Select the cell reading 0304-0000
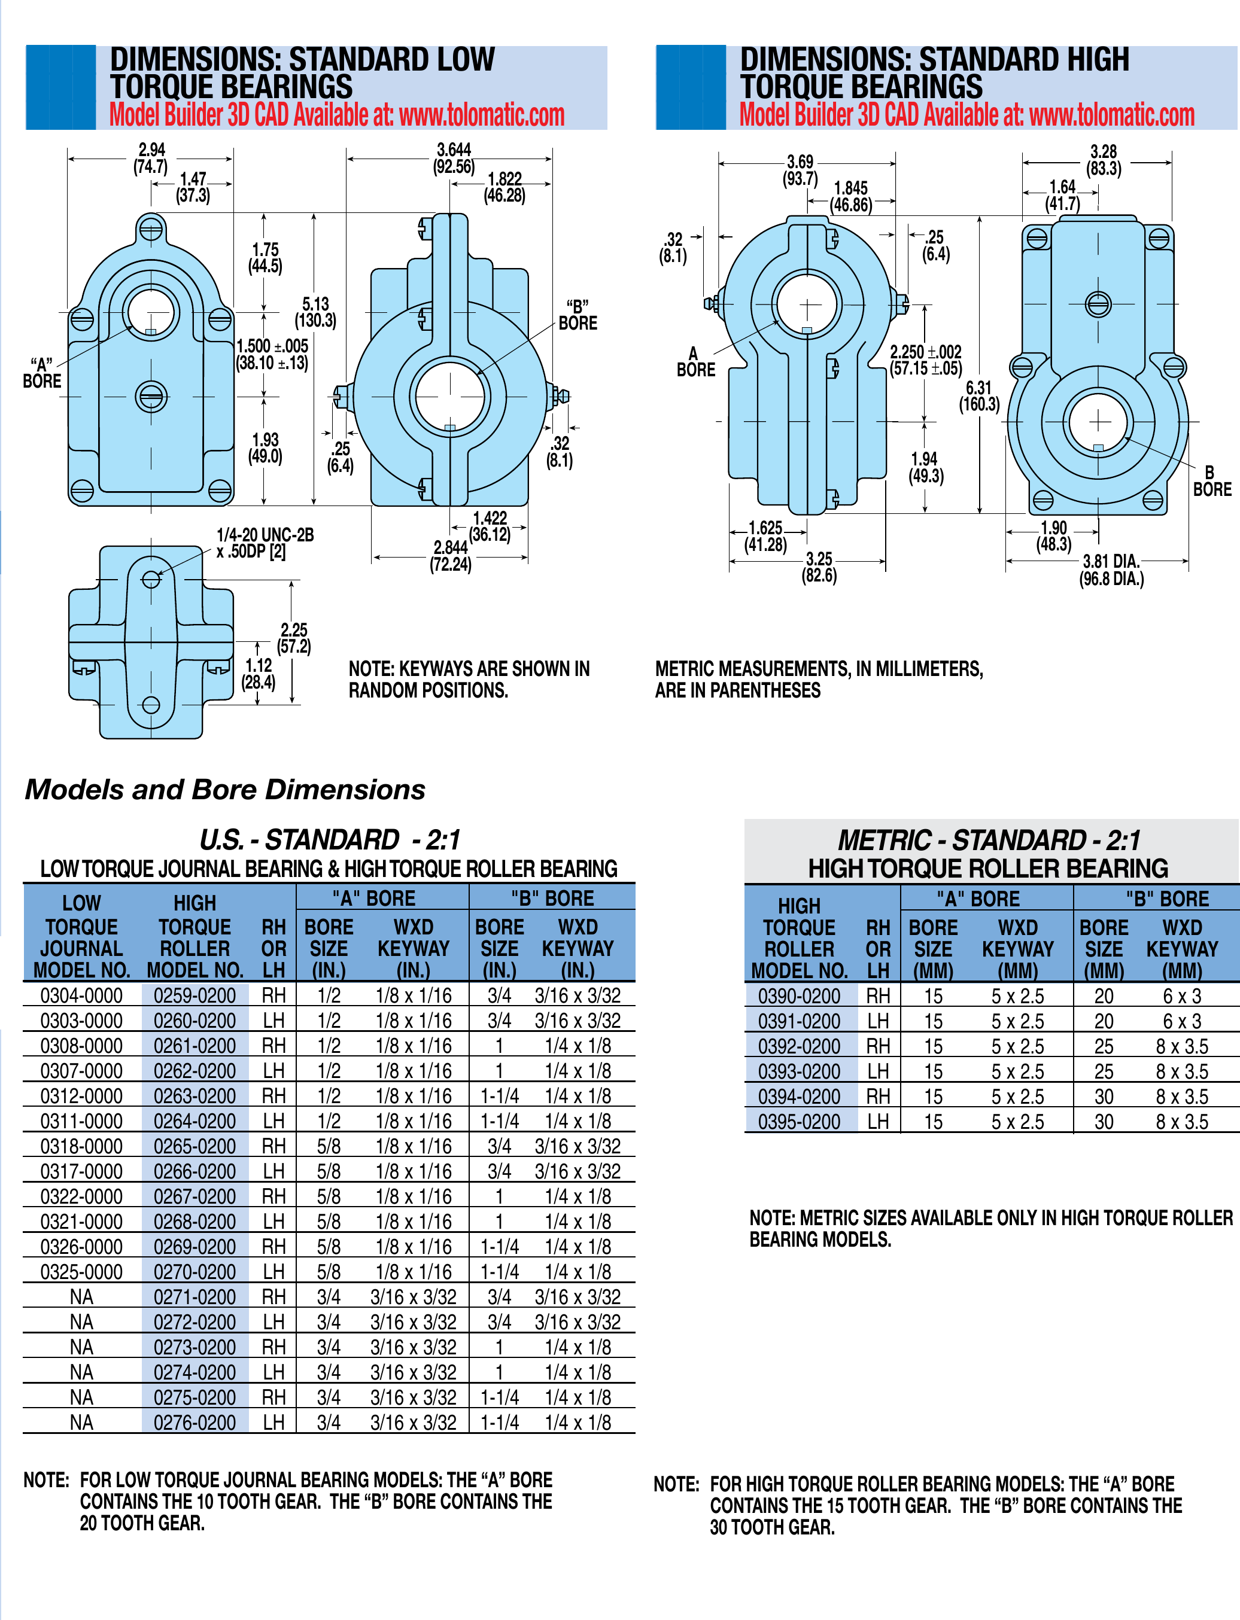(81, 995)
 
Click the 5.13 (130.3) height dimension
(316, 313)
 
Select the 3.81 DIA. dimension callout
(1111, 570)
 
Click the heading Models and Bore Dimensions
(225, 789)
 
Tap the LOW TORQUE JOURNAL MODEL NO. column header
(81, 937)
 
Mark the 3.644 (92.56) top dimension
(454, 158)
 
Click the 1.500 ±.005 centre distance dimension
(272, 354)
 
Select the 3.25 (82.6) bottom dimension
(819, 567)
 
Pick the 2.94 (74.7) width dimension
(151, 158)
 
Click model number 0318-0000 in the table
(81, 1146)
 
